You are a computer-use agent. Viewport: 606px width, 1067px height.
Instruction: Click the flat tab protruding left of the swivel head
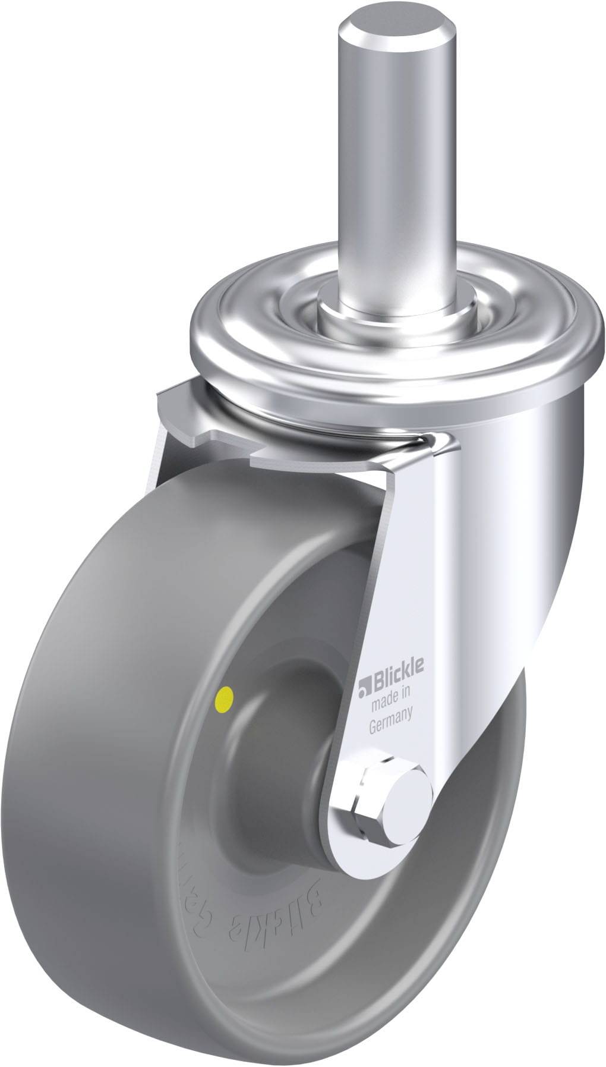[x=178, y=410]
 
